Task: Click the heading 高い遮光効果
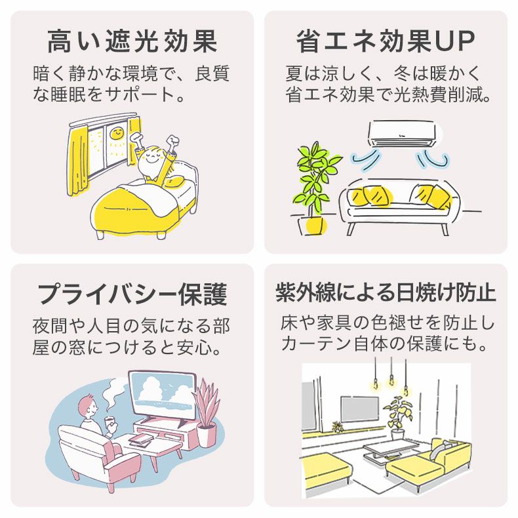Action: tap(132, 41)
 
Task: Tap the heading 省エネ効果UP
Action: tap(386, 41)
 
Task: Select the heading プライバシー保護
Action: tap(132, 294)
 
